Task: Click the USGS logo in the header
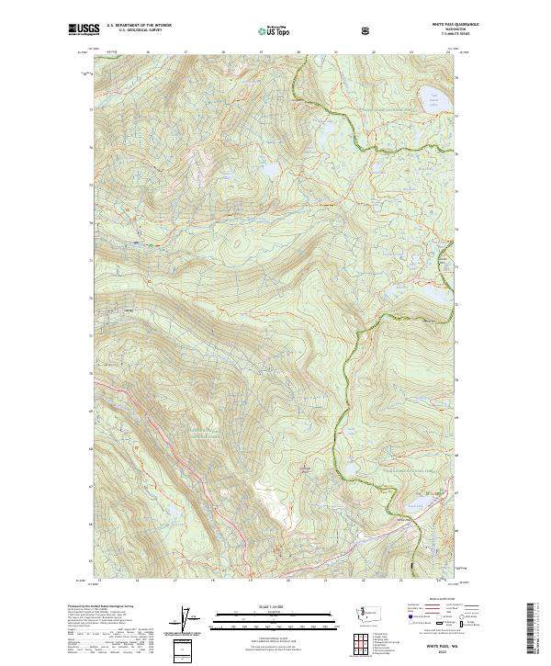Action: click(x=84, y=30)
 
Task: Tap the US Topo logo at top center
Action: click(x=275, y=31)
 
